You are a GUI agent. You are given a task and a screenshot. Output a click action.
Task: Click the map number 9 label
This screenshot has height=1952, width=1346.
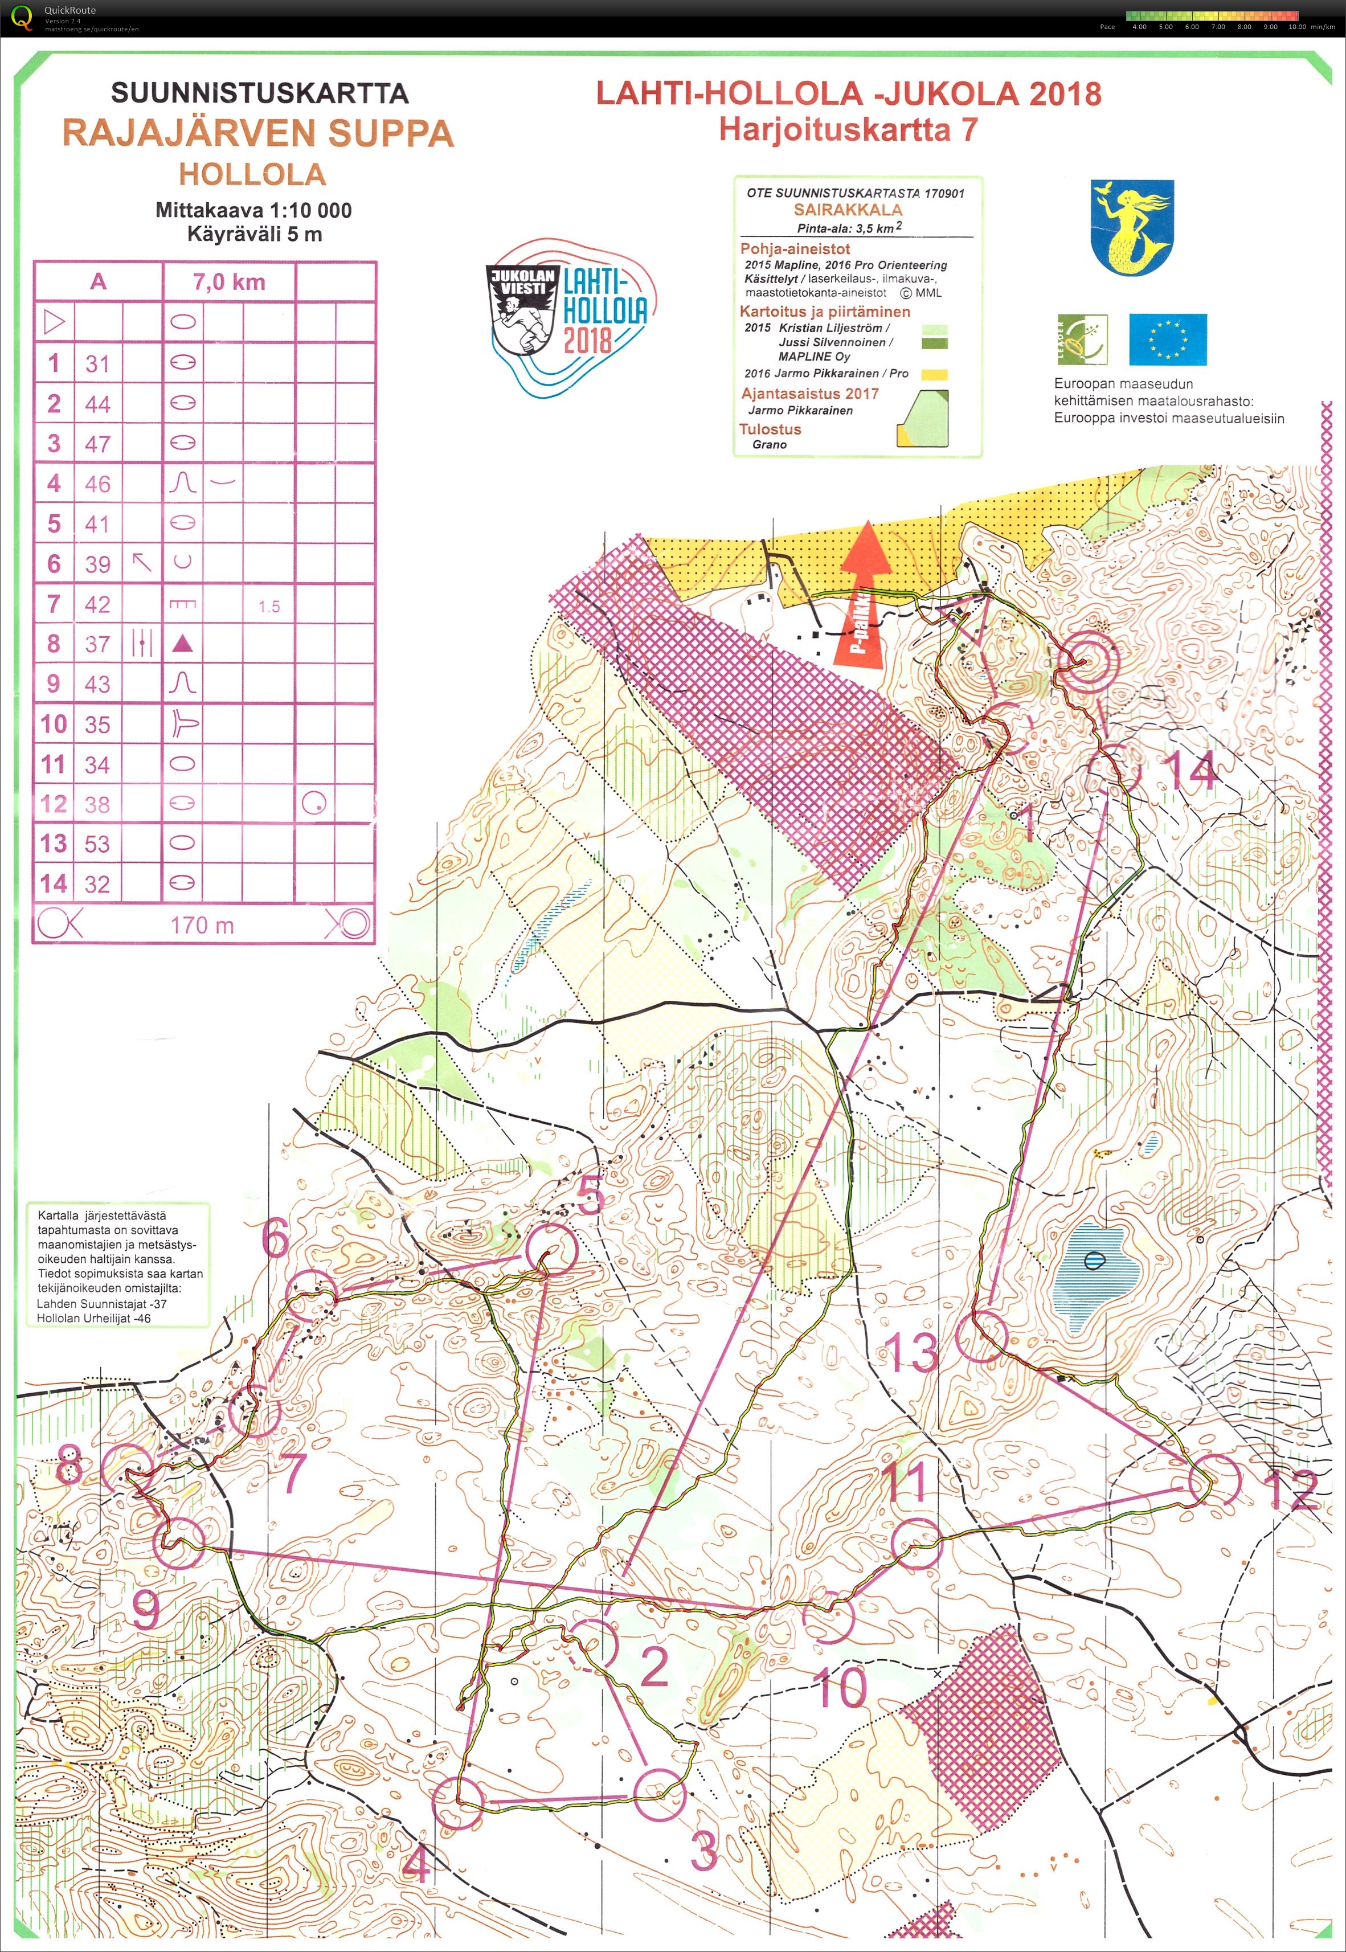pos(146,1609)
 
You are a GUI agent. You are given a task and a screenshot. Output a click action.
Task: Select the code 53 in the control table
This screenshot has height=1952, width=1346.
pos(97,844)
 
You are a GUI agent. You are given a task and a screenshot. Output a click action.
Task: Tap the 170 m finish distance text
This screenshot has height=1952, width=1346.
pos(202,925)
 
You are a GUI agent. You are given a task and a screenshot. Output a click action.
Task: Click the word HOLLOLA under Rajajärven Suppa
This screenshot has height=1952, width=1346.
pos(252,174)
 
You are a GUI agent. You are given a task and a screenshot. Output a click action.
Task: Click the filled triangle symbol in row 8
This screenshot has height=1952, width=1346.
pos(182,644)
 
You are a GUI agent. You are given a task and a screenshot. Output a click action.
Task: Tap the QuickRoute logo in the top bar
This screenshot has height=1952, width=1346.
pos(22,17)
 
